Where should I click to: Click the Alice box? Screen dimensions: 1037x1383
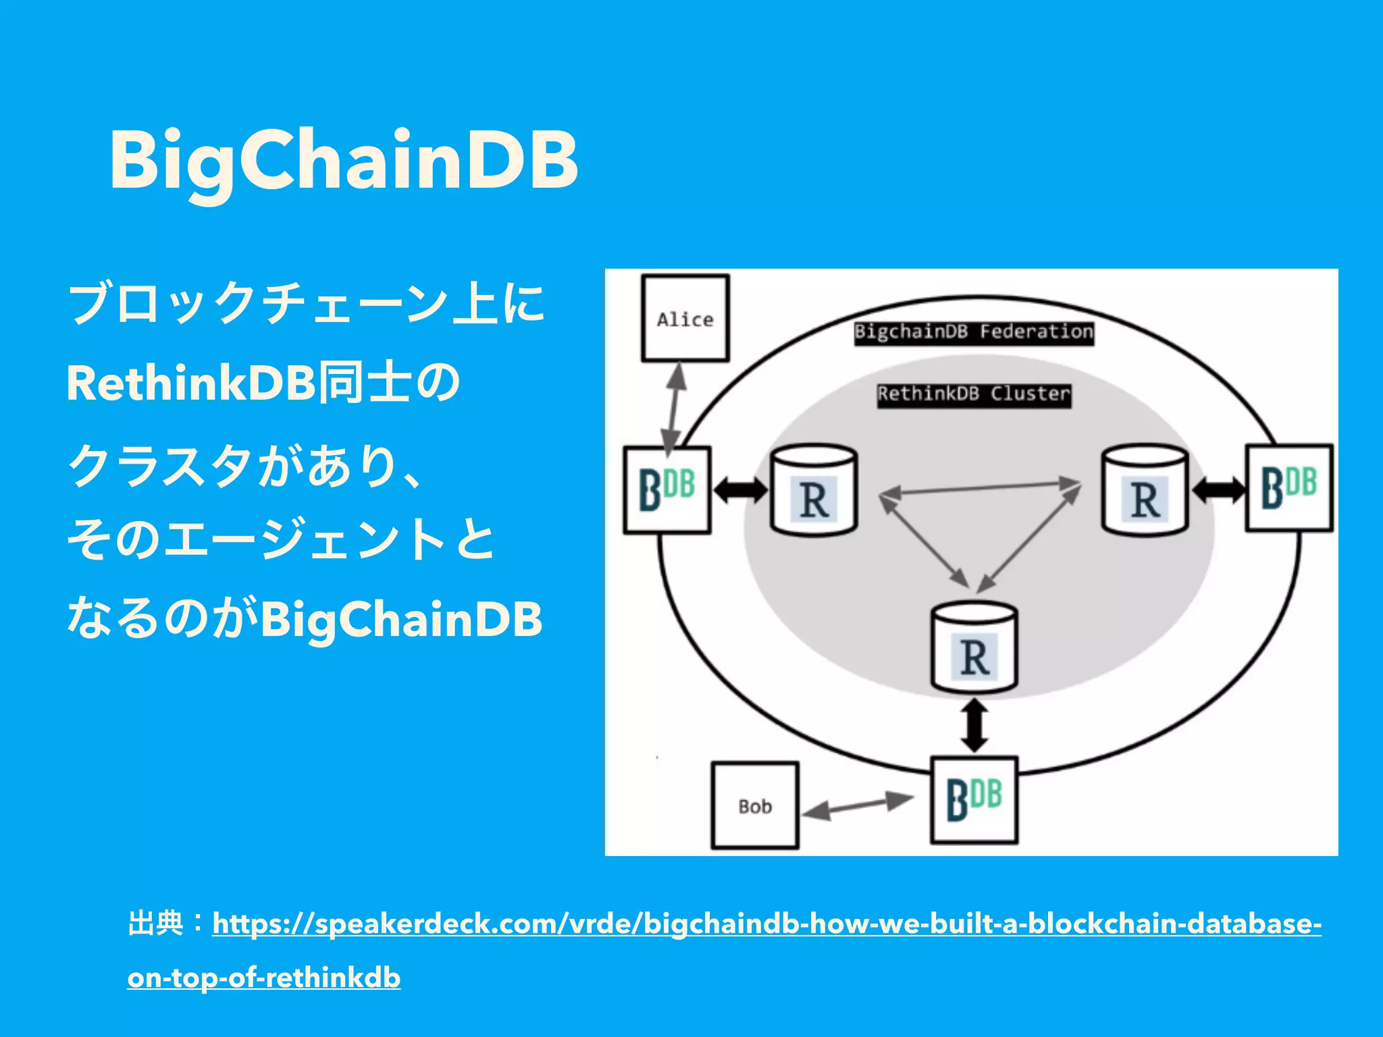point(685,318)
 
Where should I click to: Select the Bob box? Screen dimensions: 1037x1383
point(755,805)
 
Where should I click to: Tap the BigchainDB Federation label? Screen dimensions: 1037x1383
point(973,332)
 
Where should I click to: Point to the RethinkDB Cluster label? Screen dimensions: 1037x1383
point(974,394)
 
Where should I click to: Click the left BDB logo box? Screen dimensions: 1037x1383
point(667,490)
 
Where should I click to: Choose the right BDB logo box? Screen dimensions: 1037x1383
point(1289,487)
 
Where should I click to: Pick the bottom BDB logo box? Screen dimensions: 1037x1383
point(974,800)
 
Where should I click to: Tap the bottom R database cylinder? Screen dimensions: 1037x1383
point(974,649)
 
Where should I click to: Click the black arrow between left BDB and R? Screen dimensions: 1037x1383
point(741,490)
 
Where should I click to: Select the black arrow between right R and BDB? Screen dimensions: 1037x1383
point(1218,490)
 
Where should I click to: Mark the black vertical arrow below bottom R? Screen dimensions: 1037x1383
point(974,725)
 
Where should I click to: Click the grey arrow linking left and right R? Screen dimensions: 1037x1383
point(980,488)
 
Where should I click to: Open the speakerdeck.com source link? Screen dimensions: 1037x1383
point(766,924)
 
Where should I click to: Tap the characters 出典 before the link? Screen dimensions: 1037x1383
point(155,924)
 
